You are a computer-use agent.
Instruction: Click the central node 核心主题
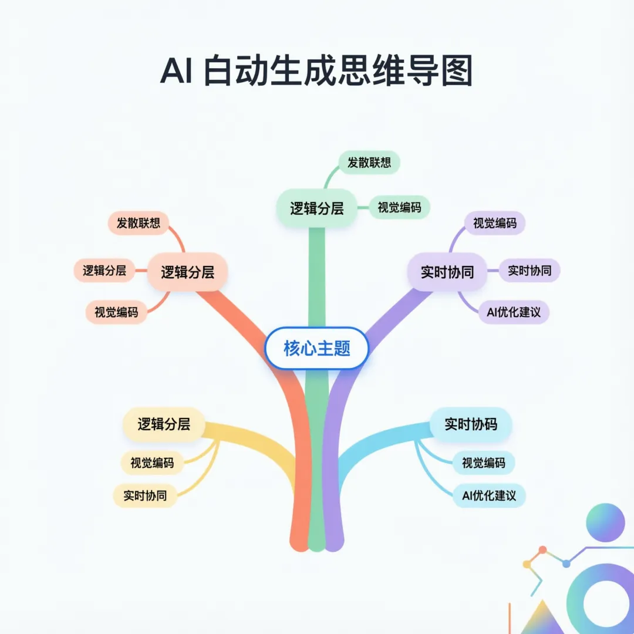(316, 349)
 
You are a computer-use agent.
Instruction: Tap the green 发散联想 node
(369, 163)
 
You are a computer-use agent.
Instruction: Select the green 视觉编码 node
(399, 207)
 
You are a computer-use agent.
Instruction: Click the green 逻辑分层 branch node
(316, 208)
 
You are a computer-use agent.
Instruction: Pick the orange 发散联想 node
(139, 223)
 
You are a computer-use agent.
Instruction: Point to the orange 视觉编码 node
(116, 312)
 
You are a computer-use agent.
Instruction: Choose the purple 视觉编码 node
(495, 223)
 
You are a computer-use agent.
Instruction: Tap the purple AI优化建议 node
(514, 312)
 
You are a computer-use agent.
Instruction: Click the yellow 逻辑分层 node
(164, 424)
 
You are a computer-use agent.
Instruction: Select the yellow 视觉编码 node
(152, 463)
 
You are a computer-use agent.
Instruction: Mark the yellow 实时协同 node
(145, 495)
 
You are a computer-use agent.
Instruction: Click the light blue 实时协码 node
(471, 424)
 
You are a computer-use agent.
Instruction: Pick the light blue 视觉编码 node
(483, 463)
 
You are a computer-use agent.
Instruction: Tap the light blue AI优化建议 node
(489, 495)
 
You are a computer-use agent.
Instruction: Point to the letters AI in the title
(176, 73)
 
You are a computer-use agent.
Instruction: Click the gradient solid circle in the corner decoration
(605, 522)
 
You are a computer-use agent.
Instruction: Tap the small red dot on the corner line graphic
(542, 550)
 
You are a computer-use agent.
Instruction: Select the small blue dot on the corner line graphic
(566, 564)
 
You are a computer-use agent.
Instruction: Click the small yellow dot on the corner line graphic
(527, 564)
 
